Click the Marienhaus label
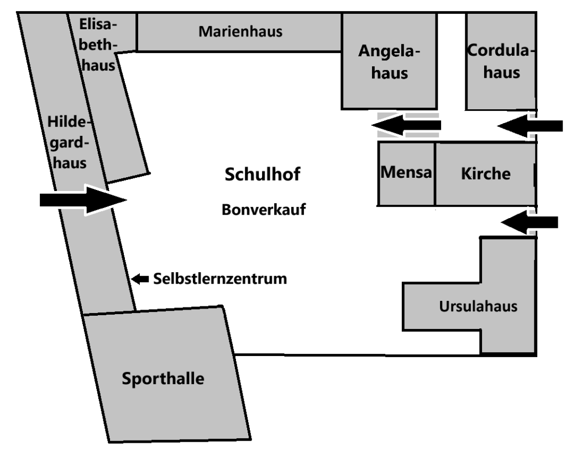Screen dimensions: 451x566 (x=240, y=32)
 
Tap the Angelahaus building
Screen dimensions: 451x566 (x=389, y=62)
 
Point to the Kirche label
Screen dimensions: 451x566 (x=485, y=173)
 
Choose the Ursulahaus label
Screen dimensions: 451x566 (x=479, y=306)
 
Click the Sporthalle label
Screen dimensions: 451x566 (x=163, y=379)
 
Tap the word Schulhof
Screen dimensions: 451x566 (x=263, y=176)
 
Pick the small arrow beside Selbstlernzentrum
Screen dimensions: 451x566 (x=140, y=279)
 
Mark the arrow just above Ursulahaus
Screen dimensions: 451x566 (x=530, y=222)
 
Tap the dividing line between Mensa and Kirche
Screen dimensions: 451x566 (x=435, y=173)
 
